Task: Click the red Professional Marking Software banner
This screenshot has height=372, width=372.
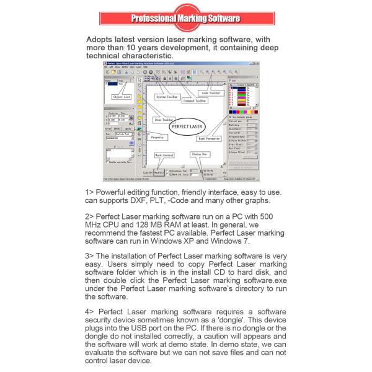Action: [x=185, y=18]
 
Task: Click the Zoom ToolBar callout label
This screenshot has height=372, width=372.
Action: [x=210, y=93]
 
